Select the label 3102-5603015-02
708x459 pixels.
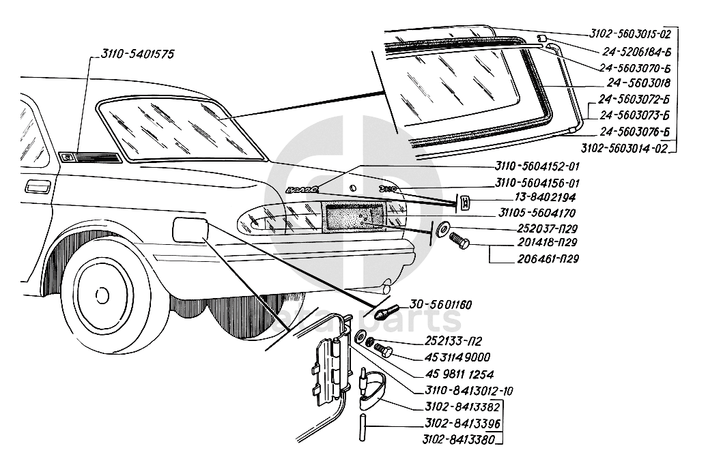[630, 33]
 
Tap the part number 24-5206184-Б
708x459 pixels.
[636, 50]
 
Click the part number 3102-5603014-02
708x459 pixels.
[623, 147]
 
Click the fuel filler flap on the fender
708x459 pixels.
[190, 228]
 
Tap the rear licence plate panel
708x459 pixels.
[354, 219]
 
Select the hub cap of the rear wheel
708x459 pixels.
[102, 295]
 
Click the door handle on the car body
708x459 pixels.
[37, 186]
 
